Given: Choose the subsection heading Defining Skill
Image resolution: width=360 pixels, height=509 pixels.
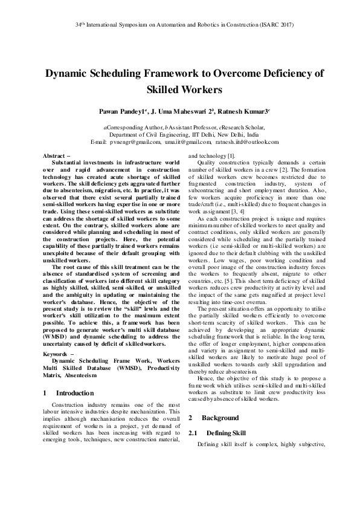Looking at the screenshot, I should [226, 433].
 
